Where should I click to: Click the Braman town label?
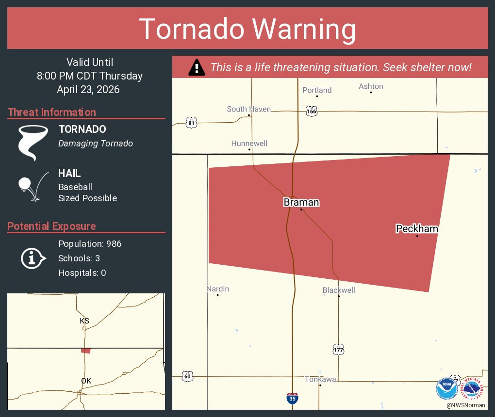click(301, 202)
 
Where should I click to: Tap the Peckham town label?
click(417, 228)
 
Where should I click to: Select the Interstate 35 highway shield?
click(292, 399)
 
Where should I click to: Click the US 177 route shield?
click(338, 349)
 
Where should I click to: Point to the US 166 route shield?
click(312, 112)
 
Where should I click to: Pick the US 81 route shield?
click(191, 123)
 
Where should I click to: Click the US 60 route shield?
click(187, 376)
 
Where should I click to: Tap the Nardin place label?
click(217, 289)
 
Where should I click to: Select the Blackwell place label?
click(339, 290)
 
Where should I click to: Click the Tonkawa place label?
click(320, 379)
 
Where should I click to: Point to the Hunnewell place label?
click(249, 144)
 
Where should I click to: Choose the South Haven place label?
click(249, 109)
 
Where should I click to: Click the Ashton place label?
click(371, 86)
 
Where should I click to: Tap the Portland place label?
click(317, 90)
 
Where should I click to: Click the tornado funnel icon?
click(33, 143)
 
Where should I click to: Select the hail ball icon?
click(24, 184)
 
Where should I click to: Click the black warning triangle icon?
click(196, 67)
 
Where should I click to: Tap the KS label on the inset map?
click(84, 321)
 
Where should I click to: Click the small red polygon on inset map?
click(86, 350)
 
